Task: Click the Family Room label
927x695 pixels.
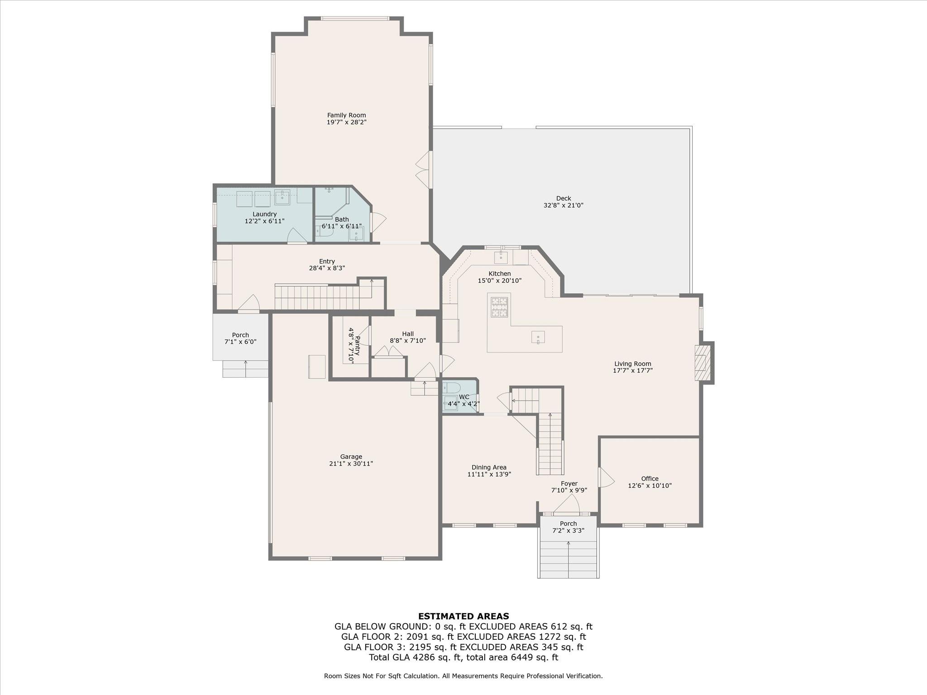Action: [346, 115]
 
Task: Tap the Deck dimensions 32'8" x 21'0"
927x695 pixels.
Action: [563, 205]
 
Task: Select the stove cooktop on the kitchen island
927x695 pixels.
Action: [499, 306]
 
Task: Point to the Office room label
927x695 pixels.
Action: [650, 479]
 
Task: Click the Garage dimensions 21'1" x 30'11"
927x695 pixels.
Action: [351, 464]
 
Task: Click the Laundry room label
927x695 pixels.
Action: [264, 214]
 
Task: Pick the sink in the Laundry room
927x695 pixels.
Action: [282, 197]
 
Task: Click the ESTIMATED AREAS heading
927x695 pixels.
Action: [463, 616]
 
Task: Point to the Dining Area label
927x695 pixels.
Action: [489, 467]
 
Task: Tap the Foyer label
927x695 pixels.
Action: [569, 484]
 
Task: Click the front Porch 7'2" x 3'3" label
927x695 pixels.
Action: [569, 527]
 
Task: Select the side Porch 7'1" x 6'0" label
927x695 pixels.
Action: [240, 338]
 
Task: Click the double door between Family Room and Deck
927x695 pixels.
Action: [424, 170]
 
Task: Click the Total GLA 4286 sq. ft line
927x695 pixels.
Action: [463, 657]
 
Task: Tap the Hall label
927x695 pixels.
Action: [408, 334]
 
